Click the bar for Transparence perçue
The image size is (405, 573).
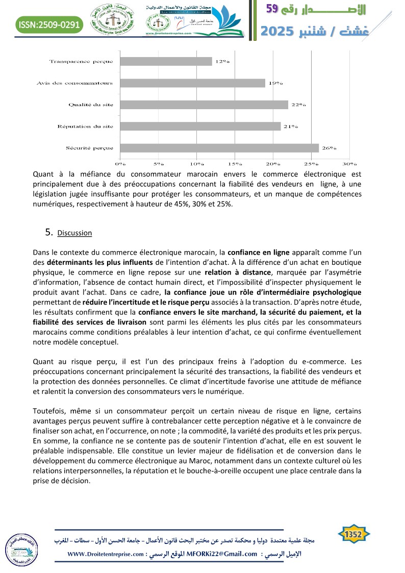coord(166,61)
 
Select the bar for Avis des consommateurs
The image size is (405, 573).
coord(192,83)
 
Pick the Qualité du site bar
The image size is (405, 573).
coord(204,105)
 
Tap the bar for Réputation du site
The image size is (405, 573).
coord(200,126)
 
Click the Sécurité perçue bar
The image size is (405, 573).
coord(219,148)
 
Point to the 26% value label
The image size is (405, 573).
coord(329,148)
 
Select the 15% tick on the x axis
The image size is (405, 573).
coord(235,164)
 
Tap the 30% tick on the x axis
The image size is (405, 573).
coord(349,164)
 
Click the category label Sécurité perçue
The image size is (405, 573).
coord(90,148)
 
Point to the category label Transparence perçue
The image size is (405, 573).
coord(81,61)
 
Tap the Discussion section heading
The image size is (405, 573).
coord(74,233)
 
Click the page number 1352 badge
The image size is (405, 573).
coord(353,535)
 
